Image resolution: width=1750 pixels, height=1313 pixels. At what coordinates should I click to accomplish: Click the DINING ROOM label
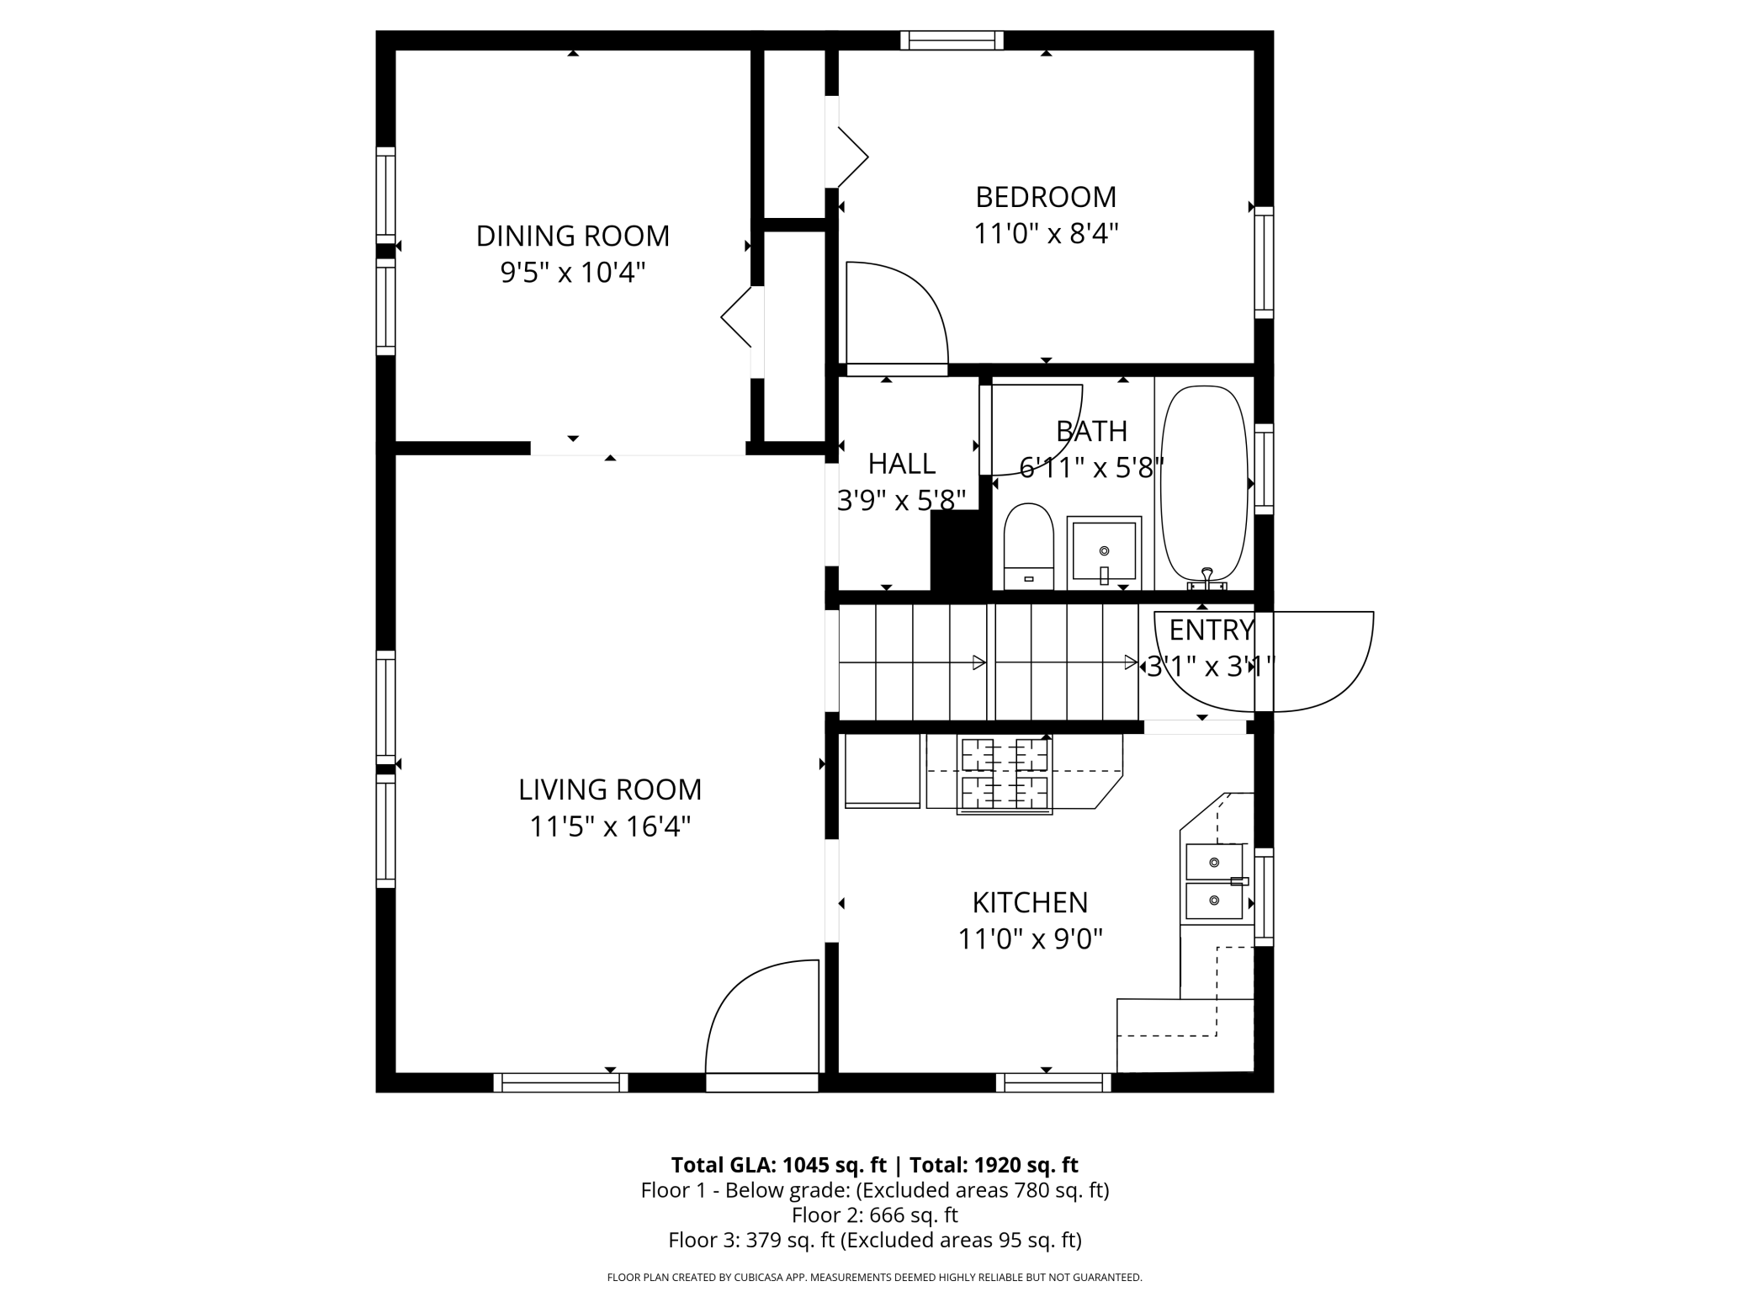tap(573, 236)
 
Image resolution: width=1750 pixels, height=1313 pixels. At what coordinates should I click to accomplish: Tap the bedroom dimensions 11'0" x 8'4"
tap(1046, 233)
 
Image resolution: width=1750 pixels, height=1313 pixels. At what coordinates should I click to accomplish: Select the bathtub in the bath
tap(1204, 486)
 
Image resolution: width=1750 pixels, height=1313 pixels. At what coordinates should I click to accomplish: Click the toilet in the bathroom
tap(1029, 546)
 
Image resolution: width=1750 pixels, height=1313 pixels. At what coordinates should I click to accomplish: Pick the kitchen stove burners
tap(1005, 774)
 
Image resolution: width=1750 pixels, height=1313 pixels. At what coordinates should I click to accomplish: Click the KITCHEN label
tap(1030, 902)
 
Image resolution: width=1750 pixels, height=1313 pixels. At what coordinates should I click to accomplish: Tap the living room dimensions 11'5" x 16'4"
tap(610, 827)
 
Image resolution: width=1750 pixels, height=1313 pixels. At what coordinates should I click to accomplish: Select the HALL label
tap(902, 464)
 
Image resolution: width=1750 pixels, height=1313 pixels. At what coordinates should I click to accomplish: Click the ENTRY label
tap(1212, 630)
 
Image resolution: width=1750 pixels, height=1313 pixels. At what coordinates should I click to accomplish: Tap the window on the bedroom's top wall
tap(952, 40)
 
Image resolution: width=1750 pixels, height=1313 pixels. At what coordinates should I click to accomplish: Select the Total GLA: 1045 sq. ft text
tap(779, 1165)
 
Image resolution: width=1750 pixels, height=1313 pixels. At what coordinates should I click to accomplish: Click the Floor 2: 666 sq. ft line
tap(875, 1215)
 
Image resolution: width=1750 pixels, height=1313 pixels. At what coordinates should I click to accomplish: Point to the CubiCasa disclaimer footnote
tap(875, 1277)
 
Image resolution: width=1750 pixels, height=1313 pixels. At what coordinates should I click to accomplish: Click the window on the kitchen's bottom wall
tap(1053, 1082)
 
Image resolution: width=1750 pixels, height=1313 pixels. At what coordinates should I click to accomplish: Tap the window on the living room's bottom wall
tap(560, 1082)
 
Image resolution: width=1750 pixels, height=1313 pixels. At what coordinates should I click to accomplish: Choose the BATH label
tap(1091, 431)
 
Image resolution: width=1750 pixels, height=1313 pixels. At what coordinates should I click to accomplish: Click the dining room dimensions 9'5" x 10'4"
tap(573, 273)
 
